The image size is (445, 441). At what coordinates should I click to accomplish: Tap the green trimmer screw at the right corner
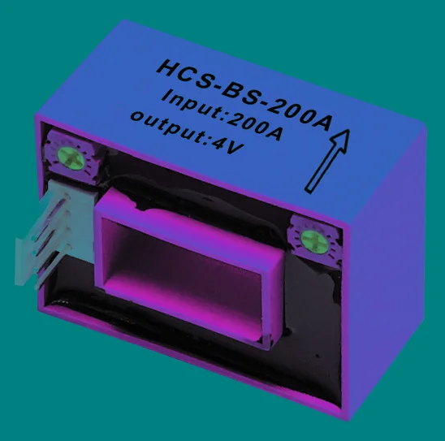313,239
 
